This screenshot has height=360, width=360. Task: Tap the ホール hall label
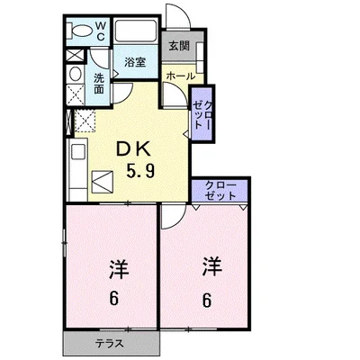point(180,76)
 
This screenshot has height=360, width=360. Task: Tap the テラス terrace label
point(111,344)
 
